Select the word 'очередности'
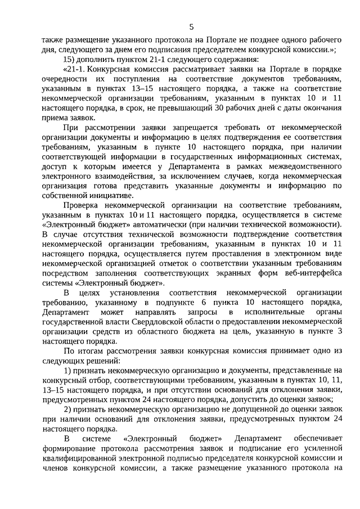point(65,79)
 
